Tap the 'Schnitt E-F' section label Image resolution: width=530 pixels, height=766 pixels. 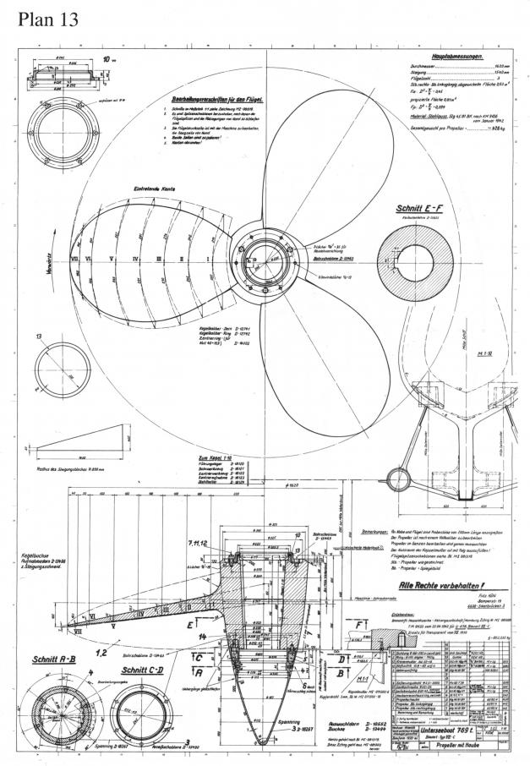pyautogui.click(x=419, y=207)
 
